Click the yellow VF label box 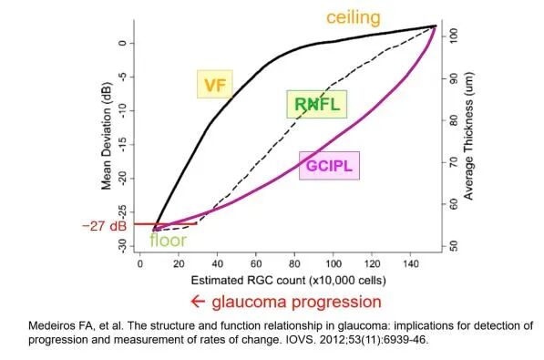(x=215, y=84)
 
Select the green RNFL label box (x=317, y=104)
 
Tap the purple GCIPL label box (x=329, y=166)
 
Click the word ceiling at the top (x=354, y=17)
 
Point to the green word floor (x=169, y=241)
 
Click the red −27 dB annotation (x=104, y=226)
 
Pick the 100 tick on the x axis (x=334, y=263)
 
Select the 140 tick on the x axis (x=410, y=263)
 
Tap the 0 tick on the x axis (x=139, y=263)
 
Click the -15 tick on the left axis (x=122, y=144)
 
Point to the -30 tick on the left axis (x=122, y=246)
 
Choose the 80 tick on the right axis (x=454, y=120)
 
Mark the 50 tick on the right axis (x=454, y=246)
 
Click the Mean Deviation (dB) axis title (x=107, y=136)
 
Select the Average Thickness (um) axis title (x=468, y=136)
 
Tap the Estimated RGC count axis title (x=288, y=280)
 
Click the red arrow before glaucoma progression (x=198, y=302)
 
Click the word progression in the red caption (x=336, y=302)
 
